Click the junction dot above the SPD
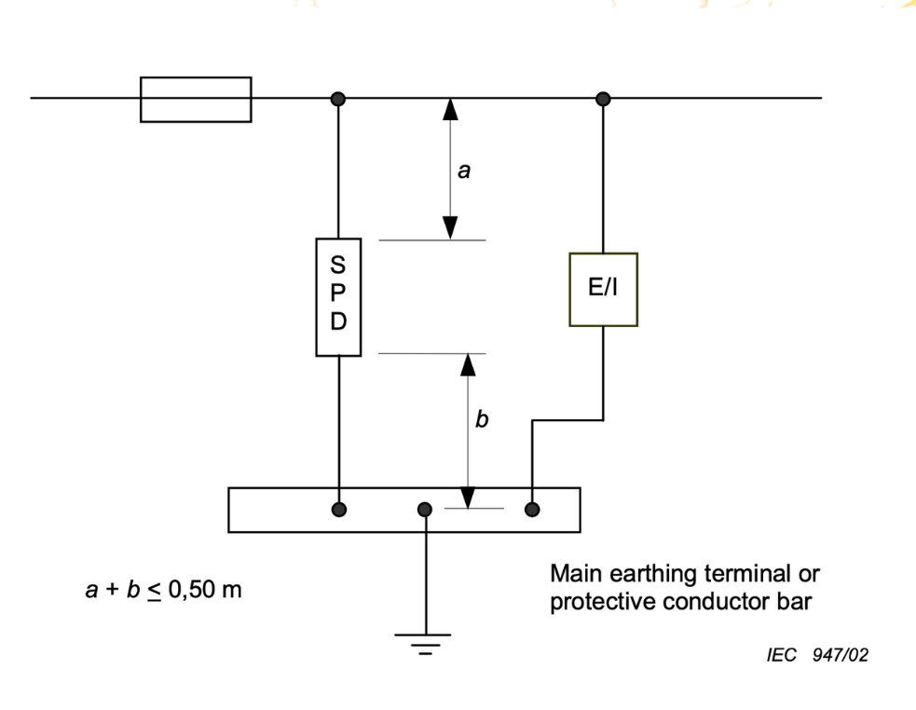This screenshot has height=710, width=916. (x=338, y=99)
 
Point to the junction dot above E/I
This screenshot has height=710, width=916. (x=604, y=99)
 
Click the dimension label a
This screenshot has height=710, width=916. (x=464, y=171)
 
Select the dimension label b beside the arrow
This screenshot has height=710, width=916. (x=482, y=418)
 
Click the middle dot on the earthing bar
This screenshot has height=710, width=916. (x=425, y=510)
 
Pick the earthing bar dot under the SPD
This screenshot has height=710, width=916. (x=339, y=510)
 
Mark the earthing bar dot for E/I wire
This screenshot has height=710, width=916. (x=532, y=510)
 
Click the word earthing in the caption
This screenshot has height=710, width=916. (x=654, y=574)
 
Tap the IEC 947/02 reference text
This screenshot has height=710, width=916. (x=817, y=655)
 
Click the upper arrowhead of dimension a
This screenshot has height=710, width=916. (x=450, y=109)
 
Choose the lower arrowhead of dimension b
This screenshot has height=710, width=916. (x=468, y=498)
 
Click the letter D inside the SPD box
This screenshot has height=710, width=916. (x=338, y=321)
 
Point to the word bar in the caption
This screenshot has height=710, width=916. (x=795, y=602)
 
